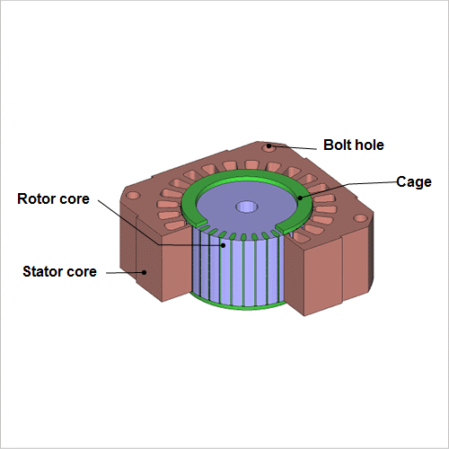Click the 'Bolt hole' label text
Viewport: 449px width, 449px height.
[x=354, y=145]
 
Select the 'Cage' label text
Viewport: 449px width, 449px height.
[x=414, y=182]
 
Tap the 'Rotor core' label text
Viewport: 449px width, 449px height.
[x=53, y=198]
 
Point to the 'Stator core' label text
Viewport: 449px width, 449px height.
[x=59, y=271]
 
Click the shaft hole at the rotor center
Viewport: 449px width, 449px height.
[x=247, y=207]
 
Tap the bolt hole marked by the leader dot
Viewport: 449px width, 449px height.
[x=269, y=147]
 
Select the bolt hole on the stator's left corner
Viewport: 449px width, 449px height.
[x=133, y=196]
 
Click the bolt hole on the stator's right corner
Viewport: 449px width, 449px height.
[x=360, y=218]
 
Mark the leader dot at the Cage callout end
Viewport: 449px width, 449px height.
[x=300, y=198]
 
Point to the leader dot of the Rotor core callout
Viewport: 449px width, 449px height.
[x=223, y=245]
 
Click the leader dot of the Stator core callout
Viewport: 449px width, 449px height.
[x=145, y=272]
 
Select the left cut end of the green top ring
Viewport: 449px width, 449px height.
[x=200, y=223]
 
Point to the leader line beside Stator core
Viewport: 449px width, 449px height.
[x=125, y=273]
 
